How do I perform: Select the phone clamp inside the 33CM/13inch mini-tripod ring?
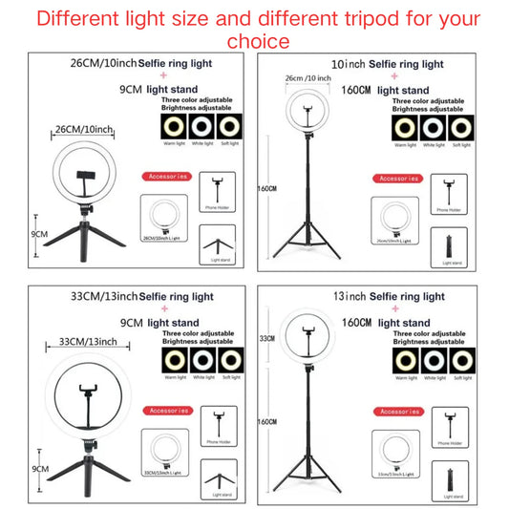(x=92, y=392)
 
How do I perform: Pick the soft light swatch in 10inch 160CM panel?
(x=462, y=127)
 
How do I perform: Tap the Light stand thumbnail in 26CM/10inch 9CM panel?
(x=217, y=244)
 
